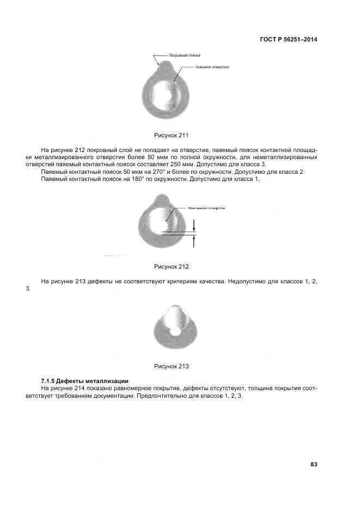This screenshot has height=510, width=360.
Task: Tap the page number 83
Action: [314, 464]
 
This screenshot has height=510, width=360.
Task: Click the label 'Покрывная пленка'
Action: [185, 55]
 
